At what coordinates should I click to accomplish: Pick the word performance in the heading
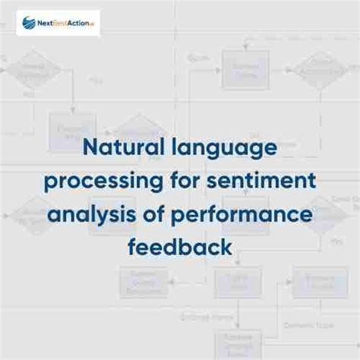pyautogui.click(x=242, y=215)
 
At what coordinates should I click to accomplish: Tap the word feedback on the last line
pyautogui.click(x=179, y=246)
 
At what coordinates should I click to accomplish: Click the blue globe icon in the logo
pyautogui.click(x=29, y=23)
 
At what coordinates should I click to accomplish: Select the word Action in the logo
pyautogui.click(x=79, y=23)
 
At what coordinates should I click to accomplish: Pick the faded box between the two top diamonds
pyautogui.click(x=245, y=70)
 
